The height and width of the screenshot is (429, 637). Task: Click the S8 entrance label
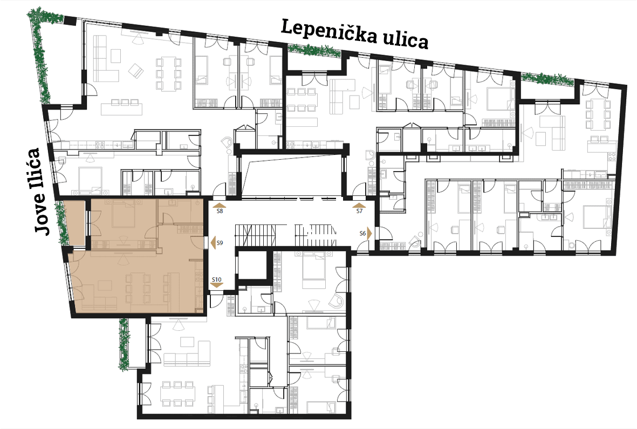point(220,211)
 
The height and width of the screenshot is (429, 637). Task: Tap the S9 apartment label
point(220,243)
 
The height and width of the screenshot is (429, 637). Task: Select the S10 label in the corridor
point(217,280)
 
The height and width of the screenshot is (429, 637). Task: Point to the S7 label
point(359,211)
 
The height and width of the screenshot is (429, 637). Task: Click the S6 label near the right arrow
point(363,234)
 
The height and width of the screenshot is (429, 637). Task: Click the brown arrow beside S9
point(212,242)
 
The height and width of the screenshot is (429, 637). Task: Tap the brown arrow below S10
point(217,285)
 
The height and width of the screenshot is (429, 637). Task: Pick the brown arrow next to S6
point(369,234)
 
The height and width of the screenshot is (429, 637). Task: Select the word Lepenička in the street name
point(330,32)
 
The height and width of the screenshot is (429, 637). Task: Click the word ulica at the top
point(406,40)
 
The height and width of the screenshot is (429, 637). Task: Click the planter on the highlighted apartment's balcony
point(61,223)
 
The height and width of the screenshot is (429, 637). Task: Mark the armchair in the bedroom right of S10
point(336,300)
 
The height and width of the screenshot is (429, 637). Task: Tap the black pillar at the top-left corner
point(71,21)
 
